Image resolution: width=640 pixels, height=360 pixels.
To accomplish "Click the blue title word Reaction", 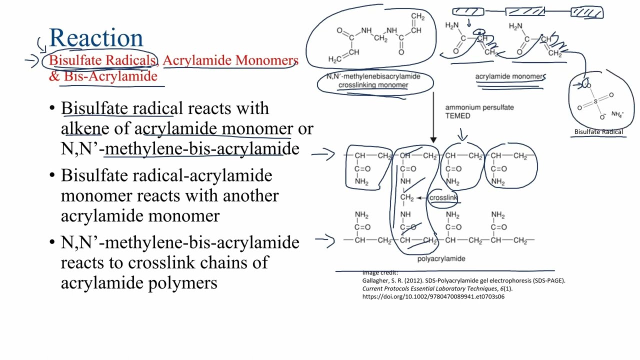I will [96, 38].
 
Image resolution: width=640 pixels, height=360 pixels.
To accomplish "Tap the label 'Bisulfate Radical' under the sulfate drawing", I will [598, 132].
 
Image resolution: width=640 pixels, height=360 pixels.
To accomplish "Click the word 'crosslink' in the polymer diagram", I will [443, 198].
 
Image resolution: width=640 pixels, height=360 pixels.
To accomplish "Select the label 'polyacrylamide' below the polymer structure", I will [441, 258].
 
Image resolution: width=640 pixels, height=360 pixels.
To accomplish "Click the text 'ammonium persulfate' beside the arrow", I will [479, 107].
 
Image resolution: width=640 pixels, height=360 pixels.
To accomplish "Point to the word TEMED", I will [458, 116].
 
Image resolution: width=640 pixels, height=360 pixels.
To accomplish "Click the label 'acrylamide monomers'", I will [509, 76].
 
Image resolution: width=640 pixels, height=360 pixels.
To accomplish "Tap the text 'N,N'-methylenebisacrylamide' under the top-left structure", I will [373, 76].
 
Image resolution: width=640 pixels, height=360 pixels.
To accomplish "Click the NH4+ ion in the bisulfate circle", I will [617, 114].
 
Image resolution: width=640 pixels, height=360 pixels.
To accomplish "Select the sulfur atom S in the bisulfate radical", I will [595, 101].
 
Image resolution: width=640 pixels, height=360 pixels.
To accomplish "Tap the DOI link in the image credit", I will [433, 296].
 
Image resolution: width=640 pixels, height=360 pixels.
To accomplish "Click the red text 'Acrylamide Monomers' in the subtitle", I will [230, 60].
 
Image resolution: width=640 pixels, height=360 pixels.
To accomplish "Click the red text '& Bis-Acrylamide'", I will [103, 76].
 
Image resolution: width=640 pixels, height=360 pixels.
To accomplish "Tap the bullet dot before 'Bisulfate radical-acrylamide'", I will [52, 175].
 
